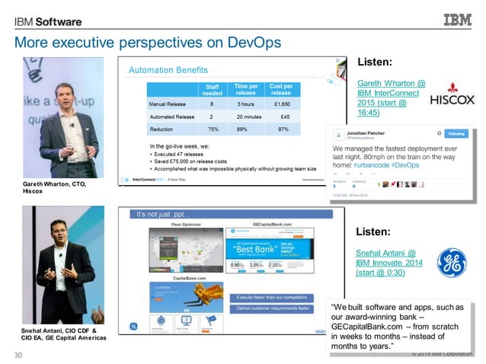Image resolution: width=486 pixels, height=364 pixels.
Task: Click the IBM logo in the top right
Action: click(457, 19)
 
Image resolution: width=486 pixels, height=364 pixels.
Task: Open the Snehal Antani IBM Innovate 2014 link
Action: click(386, 262)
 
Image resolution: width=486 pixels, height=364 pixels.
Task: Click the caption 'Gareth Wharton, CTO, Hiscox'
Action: click(54, 187)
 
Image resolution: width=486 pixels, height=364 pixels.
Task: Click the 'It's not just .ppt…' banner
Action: click(165, 215)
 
